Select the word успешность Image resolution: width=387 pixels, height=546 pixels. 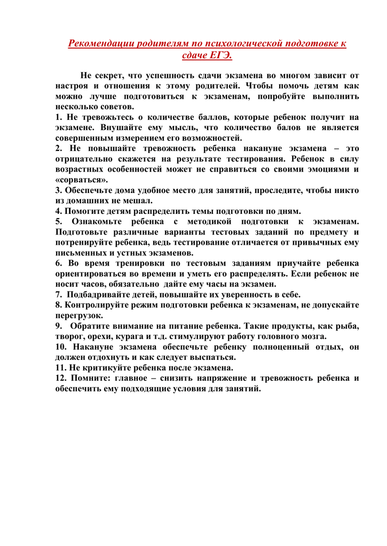183,76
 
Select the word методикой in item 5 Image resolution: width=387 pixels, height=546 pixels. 204,221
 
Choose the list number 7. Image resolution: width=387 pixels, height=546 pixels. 59,295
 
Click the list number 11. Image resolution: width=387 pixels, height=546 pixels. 60,368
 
